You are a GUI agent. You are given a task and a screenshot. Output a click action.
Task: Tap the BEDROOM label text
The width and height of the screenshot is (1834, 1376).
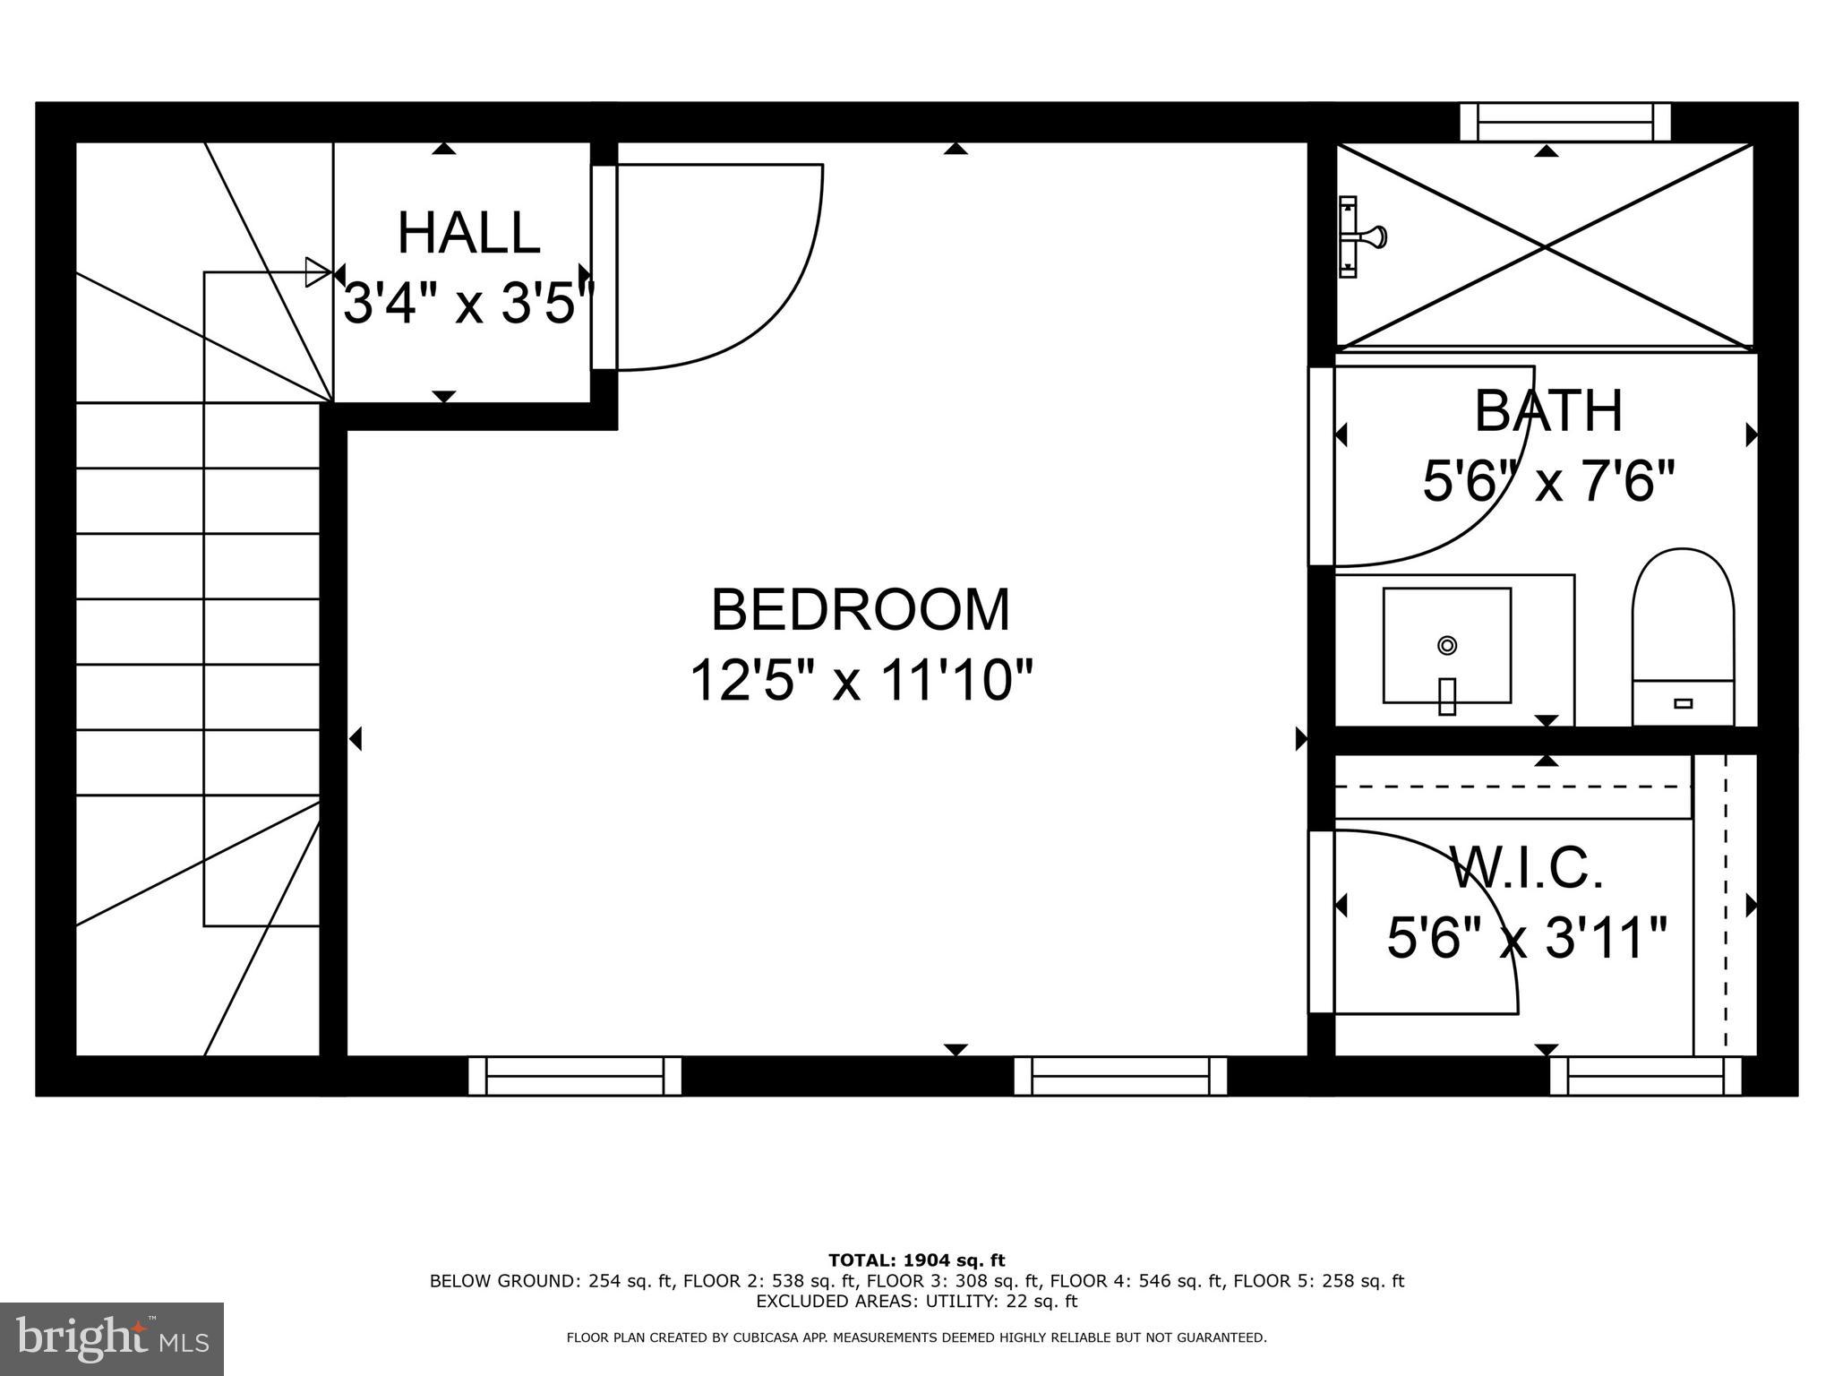(860, 610)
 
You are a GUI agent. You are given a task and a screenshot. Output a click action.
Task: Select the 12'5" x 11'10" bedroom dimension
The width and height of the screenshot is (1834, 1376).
(861, 681)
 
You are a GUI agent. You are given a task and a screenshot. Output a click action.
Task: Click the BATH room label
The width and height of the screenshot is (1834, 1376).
(1548, 411)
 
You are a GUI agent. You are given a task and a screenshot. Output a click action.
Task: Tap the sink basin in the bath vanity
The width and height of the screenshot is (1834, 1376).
(1446, 646)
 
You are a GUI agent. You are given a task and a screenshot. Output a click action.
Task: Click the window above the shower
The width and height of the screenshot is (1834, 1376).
(1564, 123)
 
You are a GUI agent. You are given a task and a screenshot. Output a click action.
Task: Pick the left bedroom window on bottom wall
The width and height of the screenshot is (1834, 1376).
(574, 1076)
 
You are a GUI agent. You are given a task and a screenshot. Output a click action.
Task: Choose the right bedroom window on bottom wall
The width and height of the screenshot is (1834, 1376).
(1119, 1076)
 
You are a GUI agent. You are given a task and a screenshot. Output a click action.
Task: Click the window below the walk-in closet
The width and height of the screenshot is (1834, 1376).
(1645, 1076)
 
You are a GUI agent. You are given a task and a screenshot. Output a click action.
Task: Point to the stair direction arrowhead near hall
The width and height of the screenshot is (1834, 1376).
(317, 271)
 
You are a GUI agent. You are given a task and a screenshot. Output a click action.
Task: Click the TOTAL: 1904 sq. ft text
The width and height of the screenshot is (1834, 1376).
(916, 1260)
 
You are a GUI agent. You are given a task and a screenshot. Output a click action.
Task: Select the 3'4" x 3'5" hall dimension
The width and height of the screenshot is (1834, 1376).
(468, 304)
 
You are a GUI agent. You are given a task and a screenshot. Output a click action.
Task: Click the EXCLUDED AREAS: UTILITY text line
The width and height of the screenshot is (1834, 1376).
(916, 1301)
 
